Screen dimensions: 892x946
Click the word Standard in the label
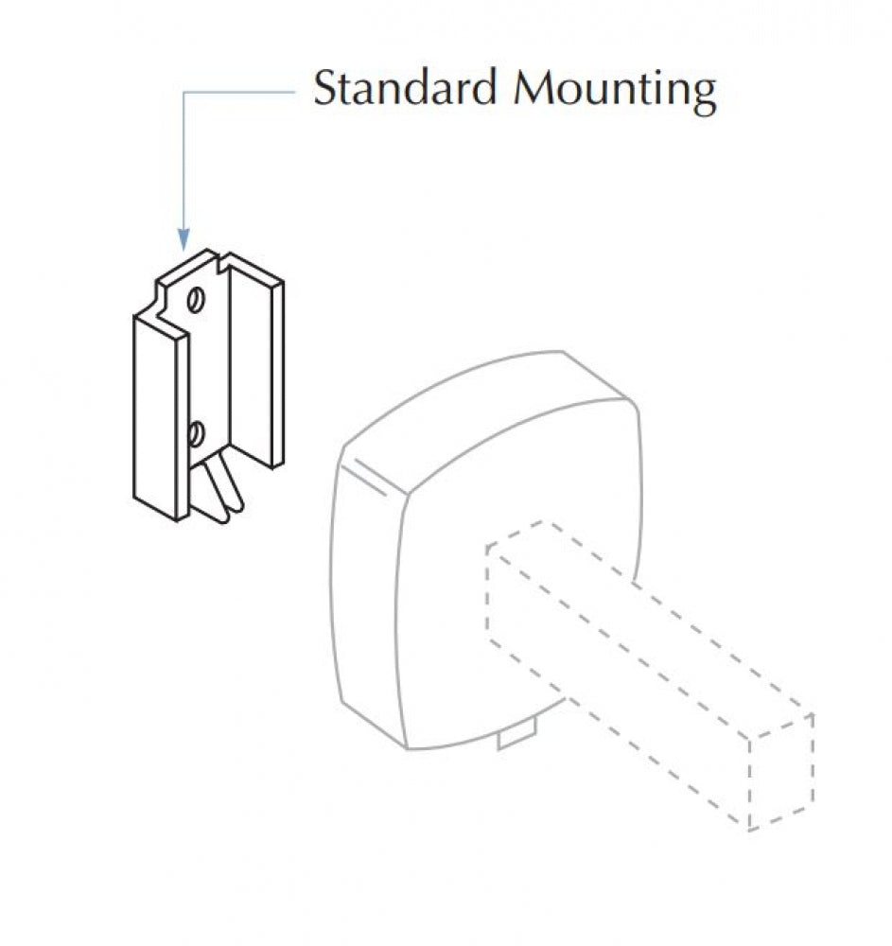(405, 88)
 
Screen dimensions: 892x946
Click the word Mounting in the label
(615, 91)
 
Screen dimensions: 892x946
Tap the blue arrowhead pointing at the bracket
(184, 239)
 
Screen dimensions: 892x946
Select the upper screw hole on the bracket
(196, 300)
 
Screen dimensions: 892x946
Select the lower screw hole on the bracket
(196, 434)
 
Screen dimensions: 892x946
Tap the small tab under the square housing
(516, 735)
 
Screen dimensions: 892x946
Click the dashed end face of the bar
(781, 772)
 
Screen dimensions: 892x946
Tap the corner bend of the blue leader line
(184, 93)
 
